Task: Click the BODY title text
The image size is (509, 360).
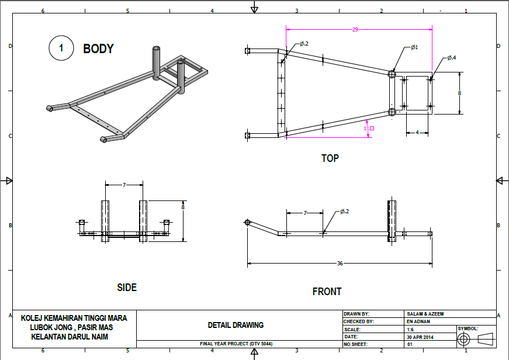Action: click(x=98, y=49)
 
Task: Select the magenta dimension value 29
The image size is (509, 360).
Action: click(x=355, y=29)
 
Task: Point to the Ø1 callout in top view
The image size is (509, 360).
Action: click(x=414, y=47)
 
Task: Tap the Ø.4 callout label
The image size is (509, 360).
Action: click(x=452, y=58)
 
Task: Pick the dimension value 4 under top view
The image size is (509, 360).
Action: click(x=417, y=133)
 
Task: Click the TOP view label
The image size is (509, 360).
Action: click(x=330, y=158)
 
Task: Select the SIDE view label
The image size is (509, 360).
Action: click(x=127, y=287)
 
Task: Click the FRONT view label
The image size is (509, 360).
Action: click(x=327, y=291)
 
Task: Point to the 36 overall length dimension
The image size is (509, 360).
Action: click(x=340, y=264)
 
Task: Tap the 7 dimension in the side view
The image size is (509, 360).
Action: click(x=124, y=185)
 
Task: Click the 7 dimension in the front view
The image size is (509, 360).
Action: click(x=304, y=213)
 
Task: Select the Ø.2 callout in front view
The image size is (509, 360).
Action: click(x=344, y=212)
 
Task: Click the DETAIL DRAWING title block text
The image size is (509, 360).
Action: click(x=236, y=325)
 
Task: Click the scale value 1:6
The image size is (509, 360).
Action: click(x=410, y=329)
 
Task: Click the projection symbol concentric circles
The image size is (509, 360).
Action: click(x=464, y=339)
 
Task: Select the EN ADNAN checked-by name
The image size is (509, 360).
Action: click(x=418, y=321)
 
